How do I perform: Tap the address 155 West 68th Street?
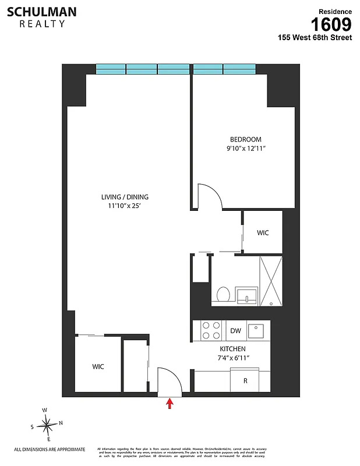[x=315, y=38]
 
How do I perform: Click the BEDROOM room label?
[x=245, y=139]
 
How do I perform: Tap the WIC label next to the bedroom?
[x=263, y=233]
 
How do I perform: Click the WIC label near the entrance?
[x=98, y=367]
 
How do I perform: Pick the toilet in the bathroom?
[x=222, y=294]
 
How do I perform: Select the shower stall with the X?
[x=270, y=280]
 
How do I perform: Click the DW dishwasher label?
[x=235, y=331]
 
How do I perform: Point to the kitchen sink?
[x=256, y=331]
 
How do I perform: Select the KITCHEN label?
[x=232, y=348]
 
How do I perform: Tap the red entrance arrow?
[x=170, y=404]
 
